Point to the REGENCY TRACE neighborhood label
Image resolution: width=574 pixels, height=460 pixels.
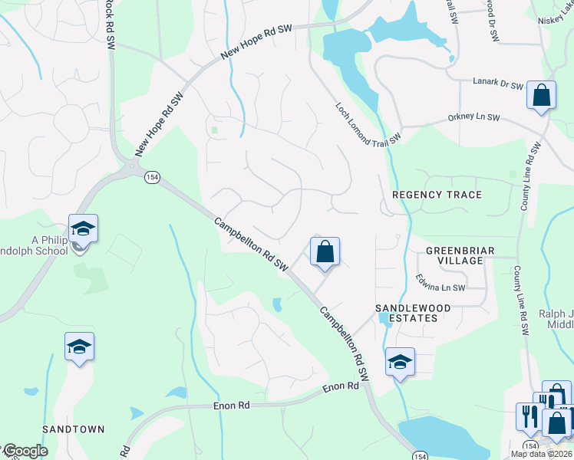[437, 195]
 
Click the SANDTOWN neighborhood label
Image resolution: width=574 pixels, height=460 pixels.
[73, 429]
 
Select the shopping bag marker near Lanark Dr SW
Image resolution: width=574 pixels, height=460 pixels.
[541, 96]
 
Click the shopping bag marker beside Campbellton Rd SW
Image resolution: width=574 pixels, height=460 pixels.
[325, 251]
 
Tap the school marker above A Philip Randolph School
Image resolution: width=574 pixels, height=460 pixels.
[83, 228]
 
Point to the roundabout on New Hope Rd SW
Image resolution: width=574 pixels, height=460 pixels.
[133, 165]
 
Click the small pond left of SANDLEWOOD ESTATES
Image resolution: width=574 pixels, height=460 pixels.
[277, 304]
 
